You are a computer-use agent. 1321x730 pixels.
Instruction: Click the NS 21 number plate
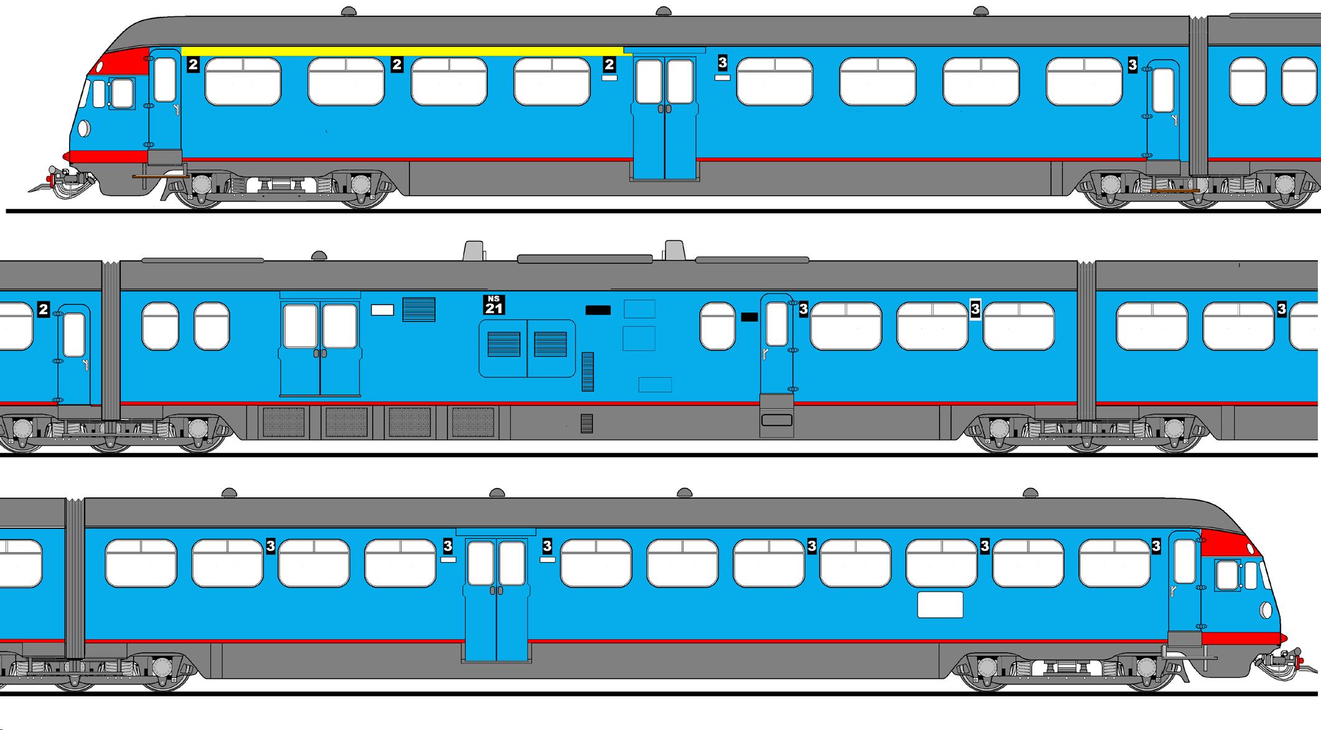tap(494, 305)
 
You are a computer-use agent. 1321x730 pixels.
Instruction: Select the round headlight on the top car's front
tap(84, 129)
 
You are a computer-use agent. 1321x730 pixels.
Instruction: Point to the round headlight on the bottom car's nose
tap(1266, 611)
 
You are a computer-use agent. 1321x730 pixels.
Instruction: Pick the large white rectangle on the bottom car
tap(940, 604)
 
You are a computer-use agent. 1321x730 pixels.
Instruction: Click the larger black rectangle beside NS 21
tap(598, 310)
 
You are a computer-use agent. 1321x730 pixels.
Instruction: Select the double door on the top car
tap(664, 118)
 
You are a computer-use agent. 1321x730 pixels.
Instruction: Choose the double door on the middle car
tap(320, 349)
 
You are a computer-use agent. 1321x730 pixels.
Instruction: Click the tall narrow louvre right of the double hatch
tap(587, 372)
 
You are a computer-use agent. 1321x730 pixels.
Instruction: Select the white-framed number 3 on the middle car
tap(975, 309)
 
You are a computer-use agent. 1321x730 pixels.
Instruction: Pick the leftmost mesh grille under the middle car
tap(283, 422)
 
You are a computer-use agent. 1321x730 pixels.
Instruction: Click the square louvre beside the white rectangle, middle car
tap(418, 309)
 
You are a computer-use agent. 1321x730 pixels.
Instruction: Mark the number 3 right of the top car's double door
tap(722, 63)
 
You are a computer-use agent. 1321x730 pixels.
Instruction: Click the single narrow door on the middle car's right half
tap(776, 345)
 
